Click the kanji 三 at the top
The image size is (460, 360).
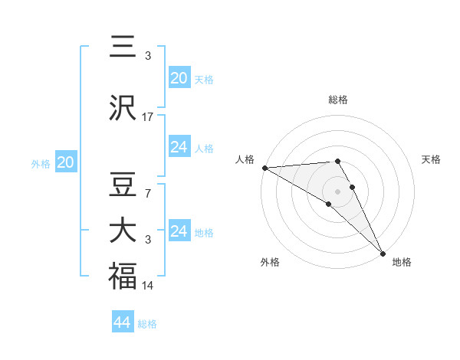123,47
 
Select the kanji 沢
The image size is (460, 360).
123,110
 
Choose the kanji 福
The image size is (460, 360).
123,276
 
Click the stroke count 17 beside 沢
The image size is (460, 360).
148,117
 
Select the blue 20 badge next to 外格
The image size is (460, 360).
65,162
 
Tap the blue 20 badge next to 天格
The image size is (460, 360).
179,78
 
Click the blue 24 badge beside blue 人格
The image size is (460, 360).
179,147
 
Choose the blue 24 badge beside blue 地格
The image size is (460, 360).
179,231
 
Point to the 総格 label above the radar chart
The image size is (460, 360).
338,100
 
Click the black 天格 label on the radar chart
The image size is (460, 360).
432,159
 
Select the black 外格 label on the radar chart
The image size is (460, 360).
270,262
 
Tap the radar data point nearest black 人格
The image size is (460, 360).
264,168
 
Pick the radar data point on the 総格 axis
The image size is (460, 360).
338,161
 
